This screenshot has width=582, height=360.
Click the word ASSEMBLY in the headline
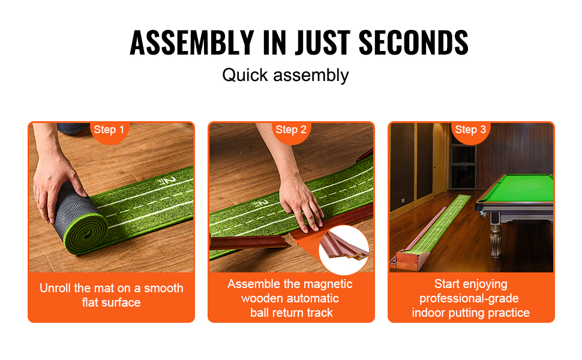[192, 43]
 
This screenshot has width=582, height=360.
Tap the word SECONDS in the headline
[413, 43]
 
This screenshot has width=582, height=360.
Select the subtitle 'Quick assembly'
[286, 76]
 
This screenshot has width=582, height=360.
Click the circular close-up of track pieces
[344, 250]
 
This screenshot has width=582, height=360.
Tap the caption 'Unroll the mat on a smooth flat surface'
[112, 295]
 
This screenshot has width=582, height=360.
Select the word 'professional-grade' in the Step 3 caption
[469, 299]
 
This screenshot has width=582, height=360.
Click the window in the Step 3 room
[463, 167]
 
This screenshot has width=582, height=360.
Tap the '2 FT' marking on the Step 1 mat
[166, 181]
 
